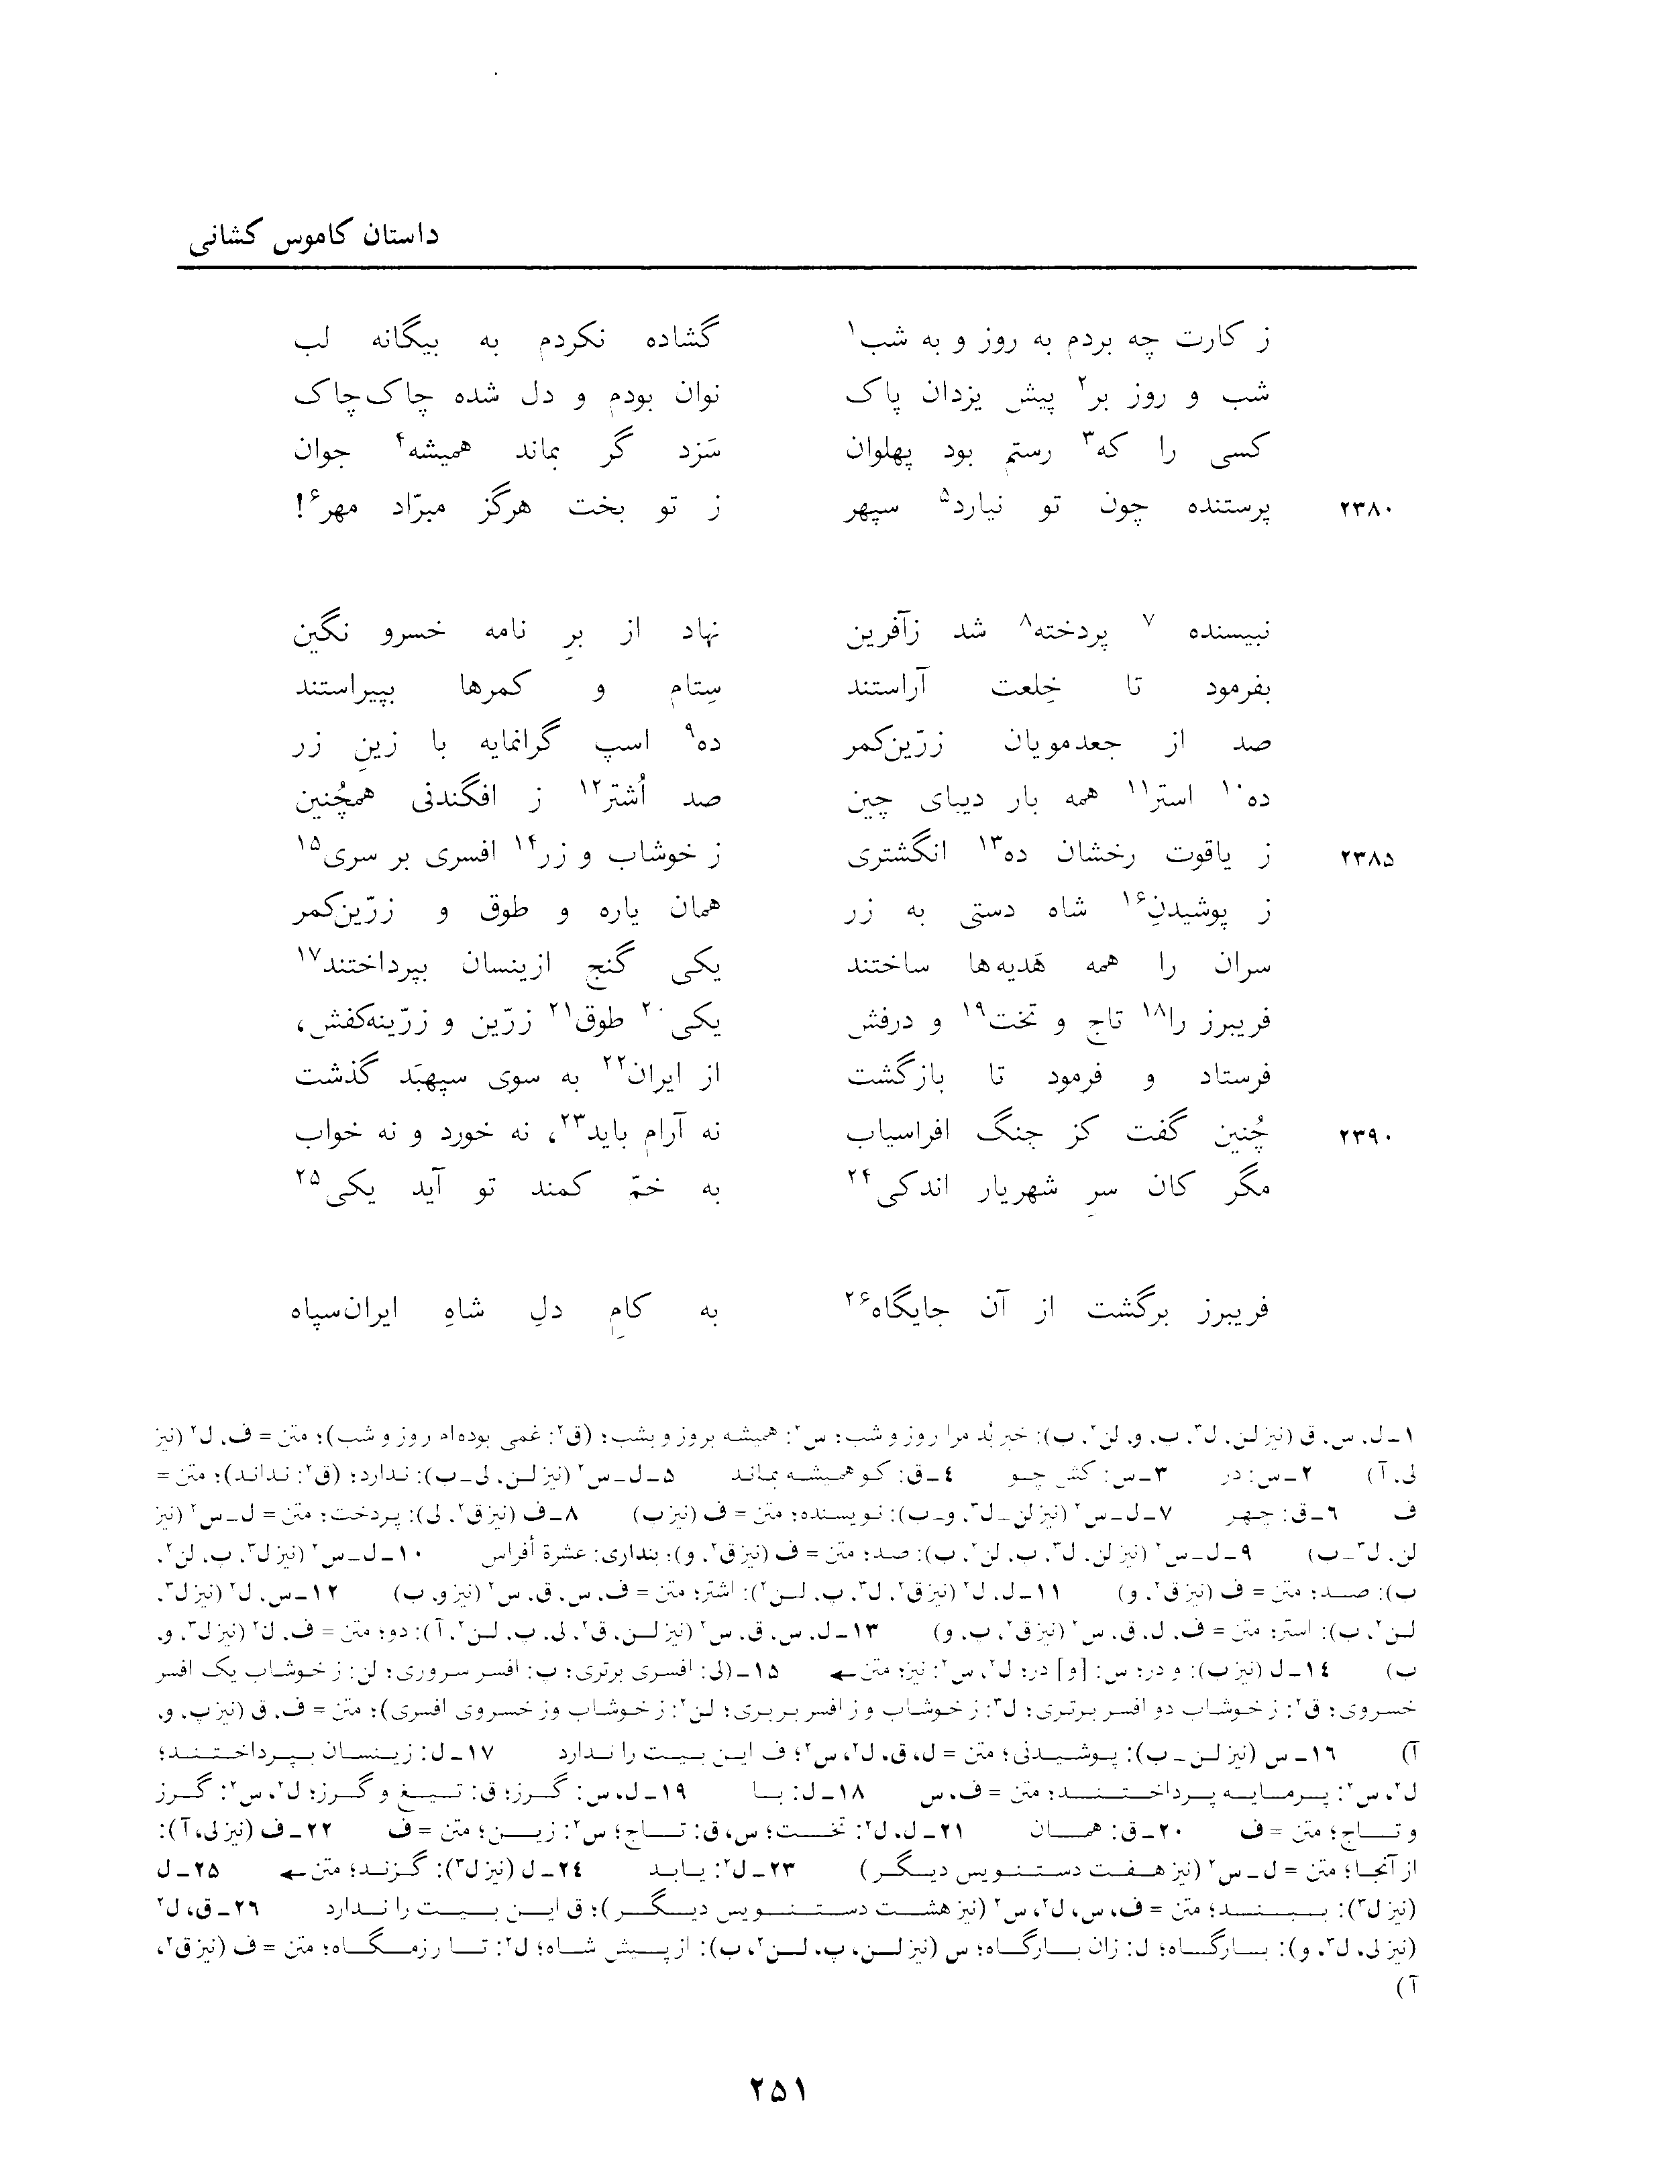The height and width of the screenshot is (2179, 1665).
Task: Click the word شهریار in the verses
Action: click(998, 1189)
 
